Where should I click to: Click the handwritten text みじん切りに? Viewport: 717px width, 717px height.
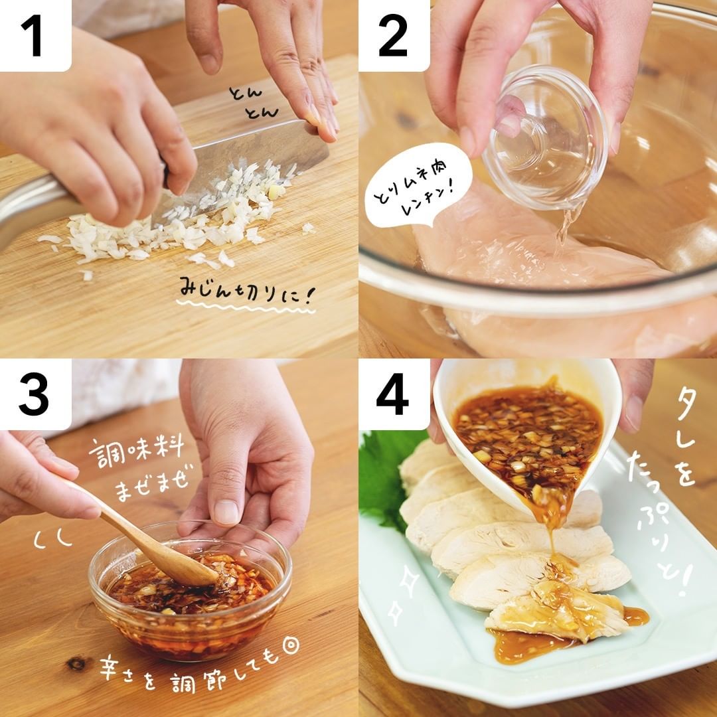click(x=246, y=291)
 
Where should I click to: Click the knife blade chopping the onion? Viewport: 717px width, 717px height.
click(x=247, y=165)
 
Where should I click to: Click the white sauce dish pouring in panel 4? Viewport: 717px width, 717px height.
click(x=526, y=434)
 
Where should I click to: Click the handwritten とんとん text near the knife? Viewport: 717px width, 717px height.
click(x=254, y=102)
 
